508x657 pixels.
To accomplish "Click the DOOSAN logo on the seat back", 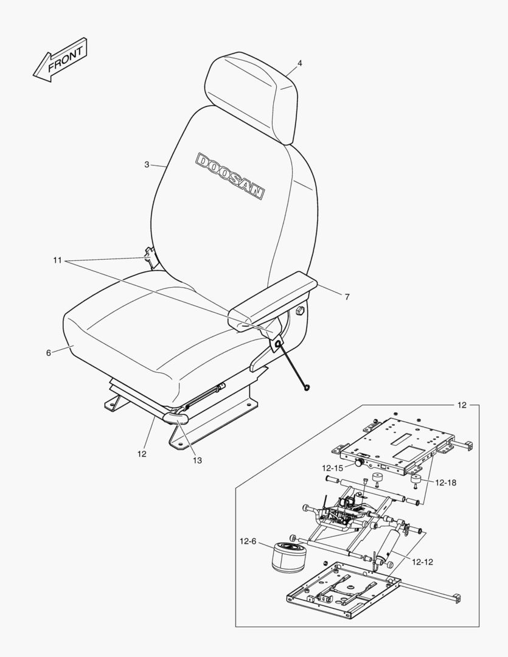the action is (x=230, y=176).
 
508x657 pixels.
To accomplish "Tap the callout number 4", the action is (x=299, y=63).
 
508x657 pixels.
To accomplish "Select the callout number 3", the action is (x=146, y=164).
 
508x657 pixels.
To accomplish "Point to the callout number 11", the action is (x=58, y=260).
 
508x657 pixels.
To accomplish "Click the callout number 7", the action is (x=347, y=297).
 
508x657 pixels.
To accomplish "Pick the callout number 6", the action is (x=49, y=353).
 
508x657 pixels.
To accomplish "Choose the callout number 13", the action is (x=197, y=460).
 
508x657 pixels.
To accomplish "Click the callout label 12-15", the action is (x=333, y=468).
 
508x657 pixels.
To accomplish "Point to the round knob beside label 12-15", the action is (x=360, y=464).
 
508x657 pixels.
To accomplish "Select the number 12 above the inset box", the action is (x=462, y=405).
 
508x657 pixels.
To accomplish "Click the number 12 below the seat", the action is (x=141, y=453).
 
